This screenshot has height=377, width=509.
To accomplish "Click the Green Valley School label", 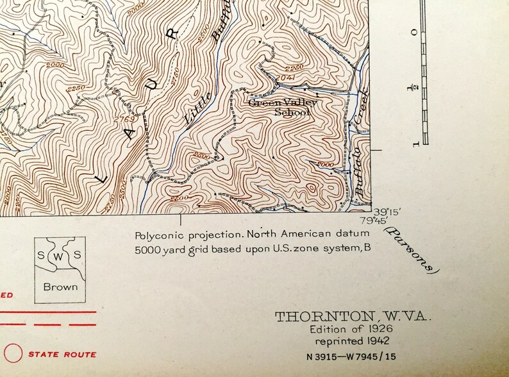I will pyautogui.click(x=280, y=106).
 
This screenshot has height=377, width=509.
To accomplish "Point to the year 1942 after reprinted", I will pyautogui.click(x=377, y=340).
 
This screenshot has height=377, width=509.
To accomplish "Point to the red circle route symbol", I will pyautogui.click(x=13, y=353).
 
